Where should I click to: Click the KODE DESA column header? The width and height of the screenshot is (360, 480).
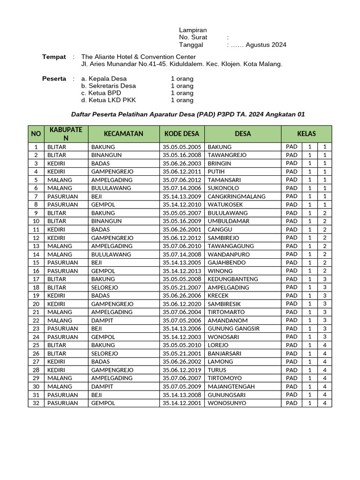pos(182,134)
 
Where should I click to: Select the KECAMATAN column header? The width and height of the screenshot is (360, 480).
pos(123,134)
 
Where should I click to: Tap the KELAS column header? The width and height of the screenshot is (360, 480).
pos(307,134)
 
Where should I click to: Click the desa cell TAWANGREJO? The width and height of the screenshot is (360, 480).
pos(227,155)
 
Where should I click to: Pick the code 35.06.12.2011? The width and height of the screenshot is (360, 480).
pos(182,172)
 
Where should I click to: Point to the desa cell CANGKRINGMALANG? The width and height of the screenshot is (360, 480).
pos(236,196)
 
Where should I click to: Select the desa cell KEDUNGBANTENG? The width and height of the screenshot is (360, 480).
pos(232,279)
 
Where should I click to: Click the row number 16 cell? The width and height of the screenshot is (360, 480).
pos(36,271)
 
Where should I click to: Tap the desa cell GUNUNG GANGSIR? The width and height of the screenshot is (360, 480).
pos(233,329)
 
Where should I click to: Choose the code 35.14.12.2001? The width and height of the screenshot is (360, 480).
pos(182,403)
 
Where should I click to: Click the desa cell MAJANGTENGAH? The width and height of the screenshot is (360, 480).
pos(232,387)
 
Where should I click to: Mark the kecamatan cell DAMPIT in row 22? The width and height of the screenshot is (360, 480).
pos(102,321)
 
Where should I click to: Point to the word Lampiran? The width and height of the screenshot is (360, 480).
pos(193,30)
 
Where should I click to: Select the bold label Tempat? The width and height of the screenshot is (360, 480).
pos(54,57)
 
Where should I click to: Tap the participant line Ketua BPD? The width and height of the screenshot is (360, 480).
pos(101,93)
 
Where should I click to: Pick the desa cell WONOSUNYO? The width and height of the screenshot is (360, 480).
pos(227,403)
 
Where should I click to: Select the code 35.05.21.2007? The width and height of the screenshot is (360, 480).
pos(182,287)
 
